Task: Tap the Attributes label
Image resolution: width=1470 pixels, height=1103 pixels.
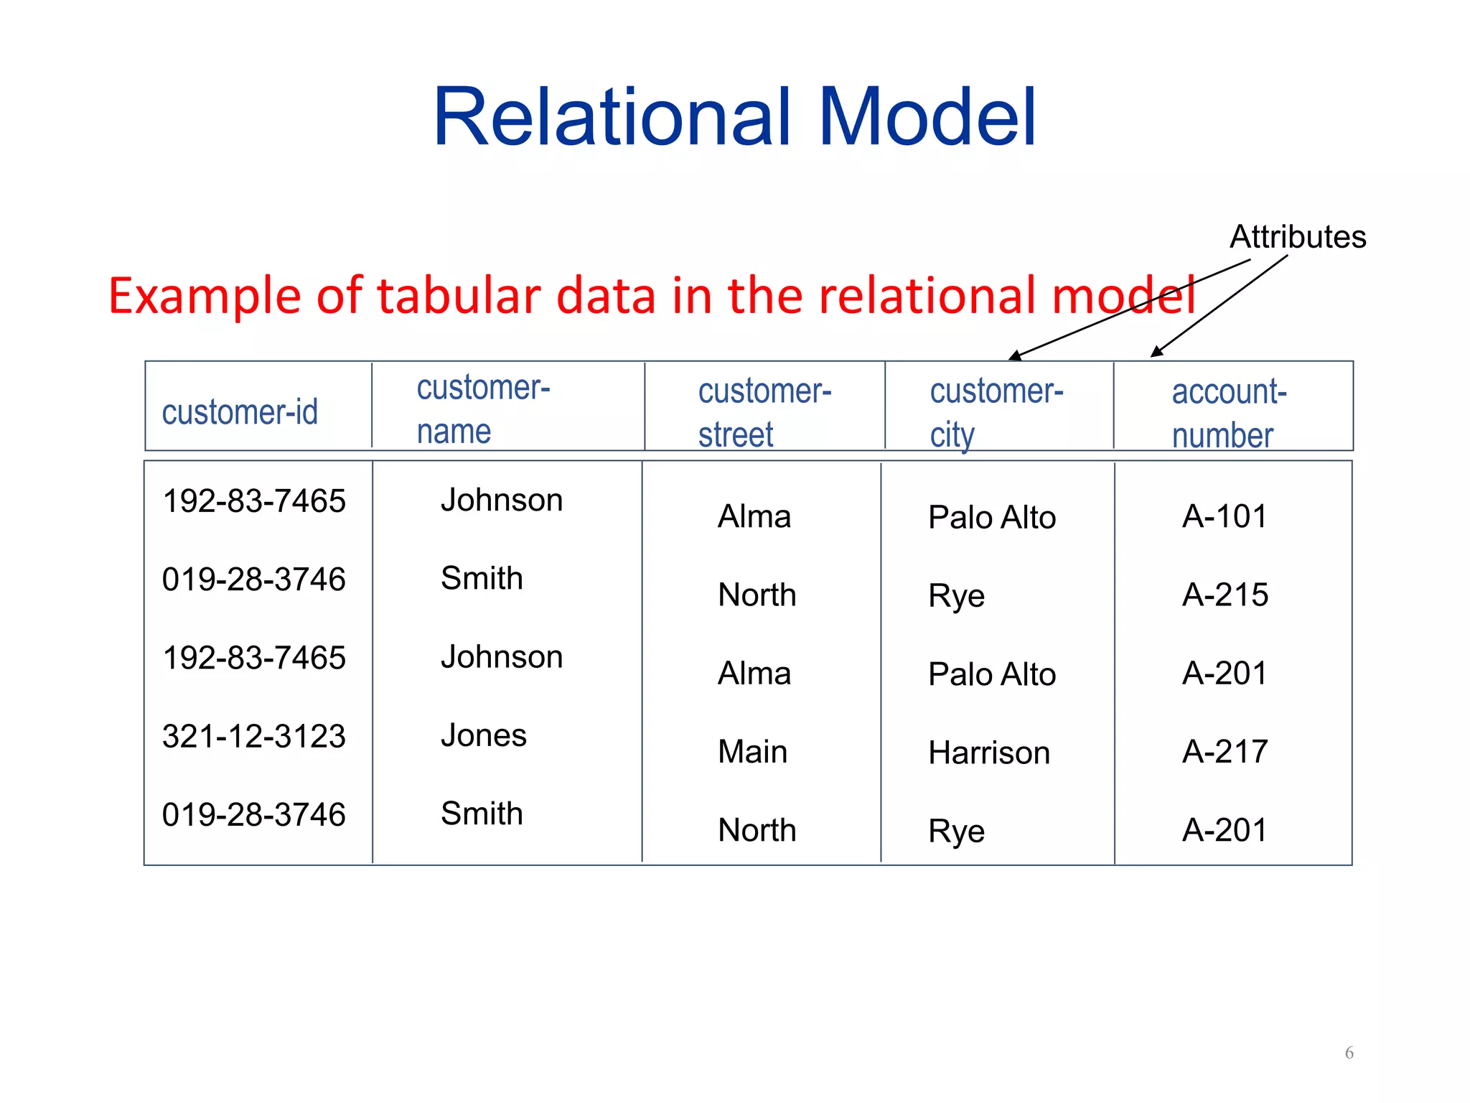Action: click(1298, 237)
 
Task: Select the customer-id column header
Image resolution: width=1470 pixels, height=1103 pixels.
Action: click(240, 412)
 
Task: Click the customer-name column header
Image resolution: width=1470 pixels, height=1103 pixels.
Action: click(483, 409)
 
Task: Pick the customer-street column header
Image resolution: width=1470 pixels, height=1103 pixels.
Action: click(764, 412)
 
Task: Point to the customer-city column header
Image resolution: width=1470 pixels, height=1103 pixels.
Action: click(996, 412)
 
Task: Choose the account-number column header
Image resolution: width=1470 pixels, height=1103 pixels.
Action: click(1229, 413)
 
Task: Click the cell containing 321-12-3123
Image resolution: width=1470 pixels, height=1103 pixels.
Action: click(254, 736)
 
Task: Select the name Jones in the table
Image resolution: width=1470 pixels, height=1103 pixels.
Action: click(484, 735)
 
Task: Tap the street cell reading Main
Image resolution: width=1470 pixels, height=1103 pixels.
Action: click(753, 752)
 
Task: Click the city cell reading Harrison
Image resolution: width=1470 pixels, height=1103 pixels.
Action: click(989, 753)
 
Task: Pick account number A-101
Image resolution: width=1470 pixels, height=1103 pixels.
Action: click(1225, 516)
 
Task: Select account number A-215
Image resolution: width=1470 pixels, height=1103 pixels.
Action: click(1225, 595)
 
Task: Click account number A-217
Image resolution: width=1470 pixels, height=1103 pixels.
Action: click(1225, 752)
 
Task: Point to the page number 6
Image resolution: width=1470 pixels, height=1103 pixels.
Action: click(1349, 1053)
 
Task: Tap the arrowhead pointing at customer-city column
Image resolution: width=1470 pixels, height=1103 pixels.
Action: click(1013, 356)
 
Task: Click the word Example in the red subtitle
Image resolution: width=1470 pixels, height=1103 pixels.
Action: click(204, 296)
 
